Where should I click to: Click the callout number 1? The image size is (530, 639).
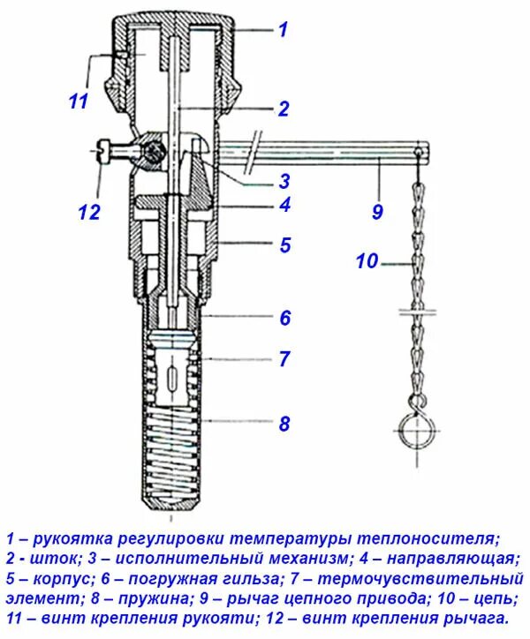283,30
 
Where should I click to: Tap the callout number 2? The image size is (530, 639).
283,109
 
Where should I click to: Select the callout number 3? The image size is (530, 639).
284,182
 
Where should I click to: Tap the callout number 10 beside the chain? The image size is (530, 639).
367,261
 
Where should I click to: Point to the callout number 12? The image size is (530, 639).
89,212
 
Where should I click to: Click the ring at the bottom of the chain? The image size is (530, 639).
413,432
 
